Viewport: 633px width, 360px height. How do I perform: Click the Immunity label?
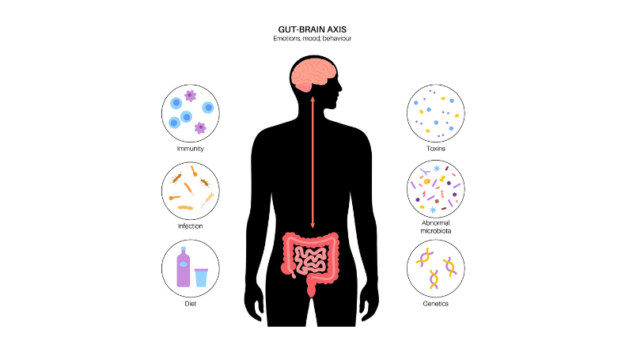(191, 148)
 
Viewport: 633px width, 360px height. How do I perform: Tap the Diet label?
(191, 303)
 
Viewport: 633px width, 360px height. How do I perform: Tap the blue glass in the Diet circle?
(201, 276)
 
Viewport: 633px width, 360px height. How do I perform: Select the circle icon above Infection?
(191, 191)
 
